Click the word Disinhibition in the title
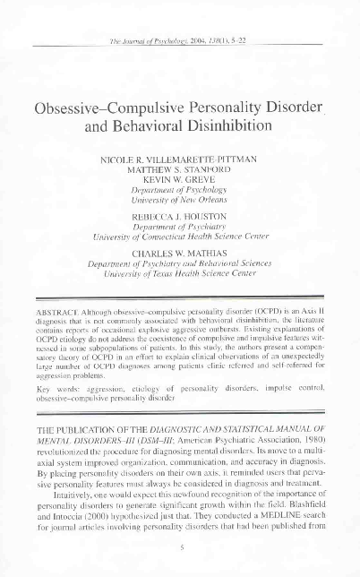click(222, 126)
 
